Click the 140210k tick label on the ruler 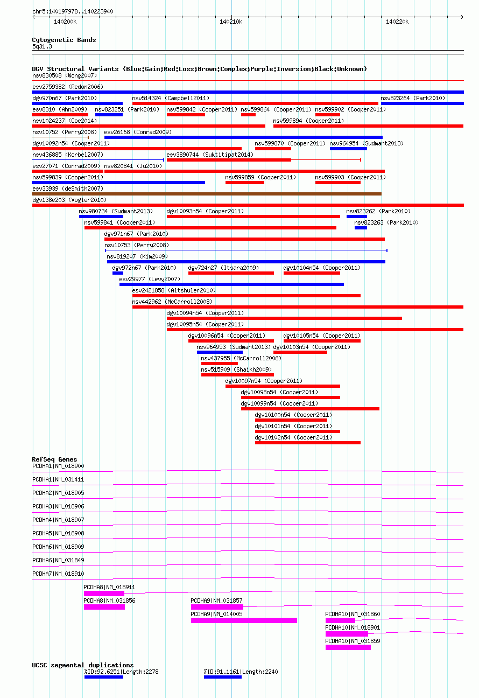click(231, 22)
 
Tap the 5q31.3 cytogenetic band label click(42, 46)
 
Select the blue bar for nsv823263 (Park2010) click(361, 228)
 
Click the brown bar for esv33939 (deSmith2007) click(207, 194)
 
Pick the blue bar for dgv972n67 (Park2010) click(118, 273)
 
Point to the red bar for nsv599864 click(248, 115)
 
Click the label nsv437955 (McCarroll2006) click(241, 358)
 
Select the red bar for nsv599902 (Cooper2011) click(327, 115)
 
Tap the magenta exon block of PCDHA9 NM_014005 click(244, 620)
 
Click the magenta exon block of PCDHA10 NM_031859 click(348, 647)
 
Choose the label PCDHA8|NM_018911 click(109, 587)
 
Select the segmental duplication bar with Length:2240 click(223, 677)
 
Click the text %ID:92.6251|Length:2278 click(121, 672)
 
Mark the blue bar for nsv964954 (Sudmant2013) click(348, 149)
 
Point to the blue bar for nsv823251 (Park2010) click(109, 115)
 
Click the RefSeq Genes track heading click(54, 459)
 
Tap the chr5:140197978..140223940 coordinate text click(73, 11)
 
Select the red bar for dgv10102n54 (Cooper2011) click(308, 443)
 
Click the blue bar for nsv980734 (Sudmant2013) click(101, 217)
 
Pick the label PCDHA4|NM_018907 click(58, 520)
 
